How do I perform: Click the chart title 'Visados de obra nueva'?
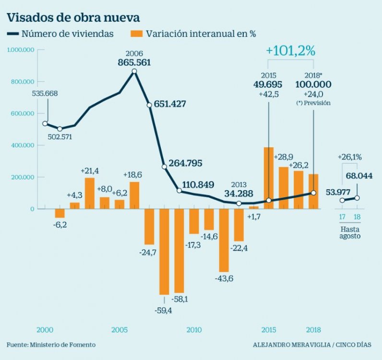[x=73, y=18]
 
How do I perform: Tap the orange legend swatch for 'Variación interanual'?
[x=137, y=34]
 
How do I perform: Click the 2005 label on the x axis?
[x=119, y=330]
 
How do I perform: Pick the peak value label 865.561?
[x=134, y=62]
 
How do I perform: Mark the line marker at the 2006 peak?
[x=134, y=71]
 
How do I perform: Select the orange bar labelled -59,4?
[x=164, y=252]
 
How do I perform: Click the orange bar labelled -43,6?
[x=224, y=240]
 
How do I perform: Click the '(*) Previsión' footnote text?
[x=313, y=103]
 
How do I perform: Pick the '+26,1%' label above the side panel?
[x=349, y=156]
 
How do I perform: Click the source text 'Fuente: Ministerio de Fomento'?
[x=51, y=345]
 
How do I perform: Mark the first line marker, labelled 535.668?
[x=45, y=123]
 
